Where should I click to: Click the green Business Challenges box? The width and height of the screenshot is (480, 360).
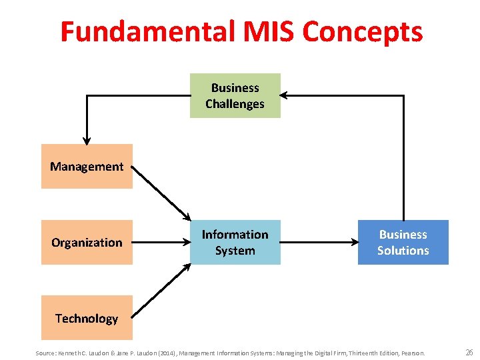235,96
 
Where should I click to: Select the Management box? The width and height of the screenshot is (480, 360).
87,167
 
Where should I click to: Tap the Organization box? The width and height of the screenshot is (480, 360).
87,243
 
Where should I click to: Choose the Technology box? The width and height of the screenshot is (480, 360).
87,319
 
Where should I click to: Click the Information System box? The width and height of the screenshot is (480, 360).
235,243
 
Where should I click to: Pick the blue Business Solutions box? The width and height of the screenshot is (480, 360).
403,243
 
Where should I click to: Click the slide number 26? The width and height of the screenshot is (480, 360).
469,352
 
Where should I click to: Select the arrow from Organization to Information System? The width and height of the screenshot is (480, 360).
161,243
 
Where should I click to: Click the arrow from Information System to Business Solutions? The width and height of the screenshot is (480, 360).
319,243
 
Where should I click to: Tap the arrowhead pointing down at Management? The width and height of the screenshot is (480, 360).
87,138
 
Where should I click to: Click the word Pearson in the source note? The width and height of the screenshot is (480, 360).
413,353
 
